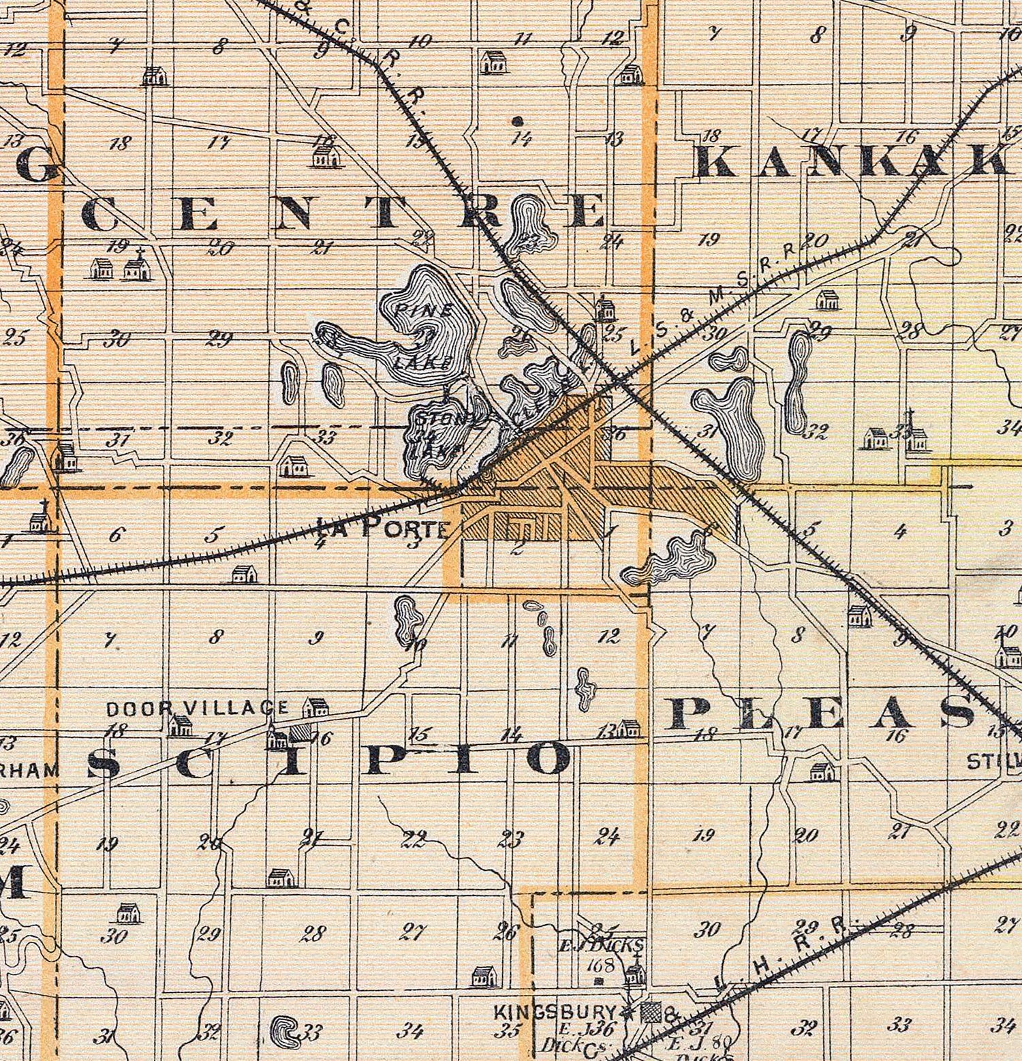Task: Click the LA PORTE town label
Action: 382,528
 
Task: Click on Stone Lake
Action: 436,436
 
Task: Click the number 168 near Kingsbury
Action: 604,965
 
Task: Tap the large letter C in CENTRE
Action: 102,215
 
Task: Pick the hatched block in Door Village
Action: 298,733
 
